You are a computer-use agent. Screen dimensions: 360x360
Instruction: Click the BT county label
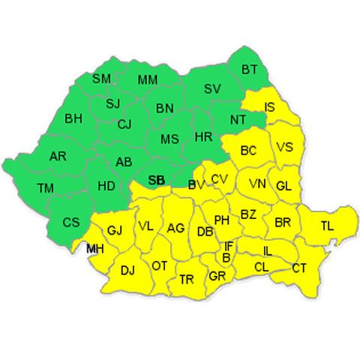[x=250, y=70]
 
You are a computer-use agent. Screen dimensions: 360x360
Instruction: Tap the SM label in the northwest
[x=101, y=79]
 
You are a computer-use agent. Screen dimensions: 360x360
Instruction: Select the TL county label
[x=328, y=226]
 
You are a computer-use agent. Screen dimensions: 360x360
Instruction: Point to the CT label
[x=299, y=268]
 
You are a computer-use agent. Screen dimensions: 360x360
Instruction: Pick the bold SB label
[x=156, y=180]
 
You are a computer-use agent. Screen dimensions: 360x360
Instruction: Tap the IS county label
[x=270, y=108]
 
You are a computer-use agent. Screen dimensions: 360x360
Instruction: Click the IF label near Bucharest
[x=229, y=245]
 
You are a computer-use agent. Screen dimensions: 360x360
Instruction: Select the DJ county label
[x=127, y=270]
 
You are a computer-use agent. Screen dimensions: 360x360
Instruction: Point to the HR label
[x=203, y=137]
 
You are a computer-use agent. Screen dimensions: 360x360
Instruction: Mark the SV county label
[x=212, y=88]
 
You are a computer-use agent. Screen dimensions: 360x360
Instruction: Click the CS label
[x=70, y=222]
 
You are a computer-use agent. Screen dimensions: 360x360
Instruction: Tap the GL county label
[x=283, y=186]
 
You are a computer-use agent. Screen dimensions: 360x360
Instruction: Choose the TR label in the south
[x=187, y=280]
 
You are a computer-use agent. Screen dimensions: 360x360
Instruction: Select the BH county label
[x=73, y=118]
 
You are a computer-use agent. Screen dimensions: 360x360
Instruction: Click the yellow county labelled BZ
[x=248, y=214]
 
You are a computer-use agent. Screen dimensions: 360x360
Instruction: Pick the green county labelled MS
[x=170, y=139]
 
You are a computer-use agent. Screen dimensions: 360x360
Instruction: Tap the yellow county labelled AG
[x=175, y=228]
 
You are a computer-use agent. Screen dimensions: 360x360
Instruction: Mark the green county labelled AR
[x=58, y=157]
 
